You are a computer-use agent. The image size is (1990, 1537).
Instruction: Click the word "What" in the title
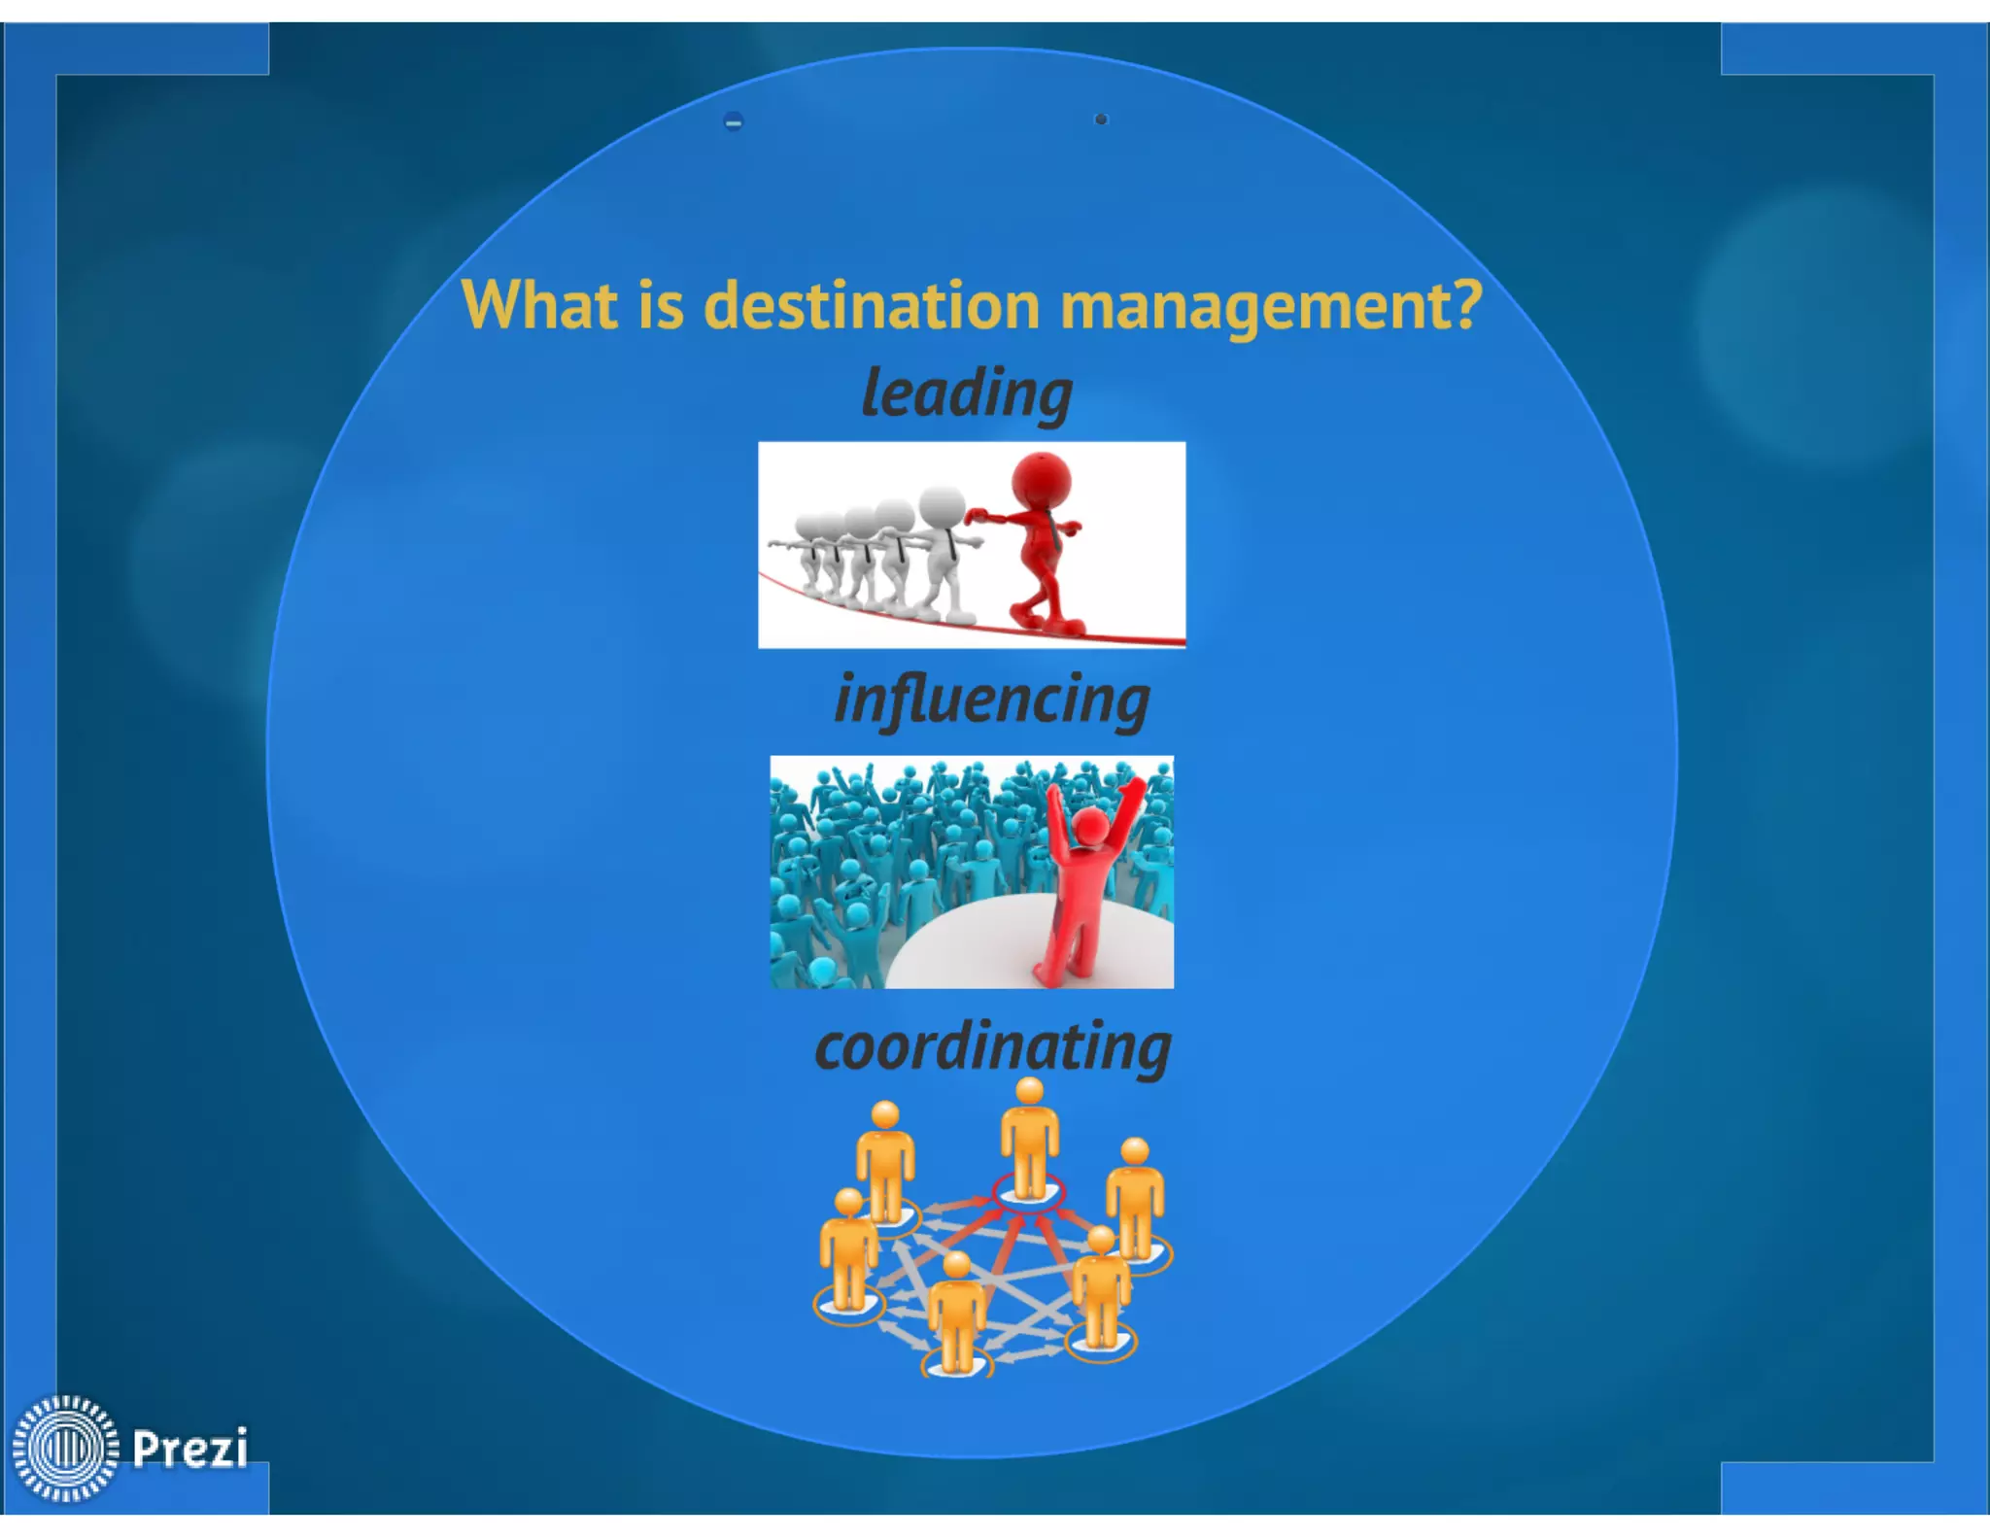(538, 305)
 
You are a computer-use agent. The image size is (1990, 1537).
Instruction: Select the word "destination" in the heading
(872, 305)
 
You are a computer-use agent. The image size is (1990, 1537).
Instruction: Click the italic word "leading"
(967, 394)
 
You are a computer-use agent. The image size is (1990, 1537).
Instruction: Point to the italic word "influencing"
(992, 700)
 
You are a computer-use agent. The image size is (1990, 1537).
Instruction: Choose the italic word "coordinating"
(992, 1047)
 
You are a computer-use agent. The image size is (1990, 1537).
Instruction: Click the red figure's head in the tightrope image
(1041, 478)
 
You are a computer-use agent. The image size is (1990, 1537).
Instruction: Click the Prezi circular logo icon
(65, 1448)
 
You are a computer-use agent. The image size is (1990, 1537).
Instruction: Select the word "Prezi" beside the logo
(190, 1448)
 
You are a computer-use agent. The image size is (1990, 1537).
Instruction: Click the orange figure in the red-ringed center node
(1029, 1142)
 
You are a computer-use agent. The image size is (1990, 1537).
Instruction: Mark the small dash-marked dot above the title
(734, 121)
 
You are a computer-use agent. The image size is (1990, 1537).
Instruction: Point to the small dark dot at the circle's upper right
(1101, 120)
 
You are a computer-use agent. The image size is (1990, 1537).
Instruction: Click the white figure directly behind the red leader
(941, 549)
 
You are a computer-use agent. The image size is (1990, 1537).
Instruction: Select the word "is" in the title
(661, 305)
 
